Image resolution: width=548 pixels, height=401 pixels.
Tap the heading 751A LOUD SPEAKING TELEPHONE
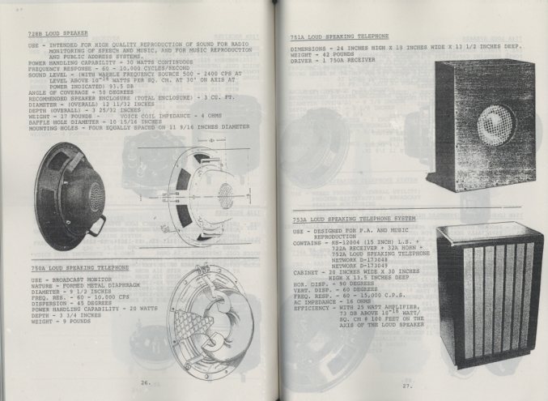click(339, 37)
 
